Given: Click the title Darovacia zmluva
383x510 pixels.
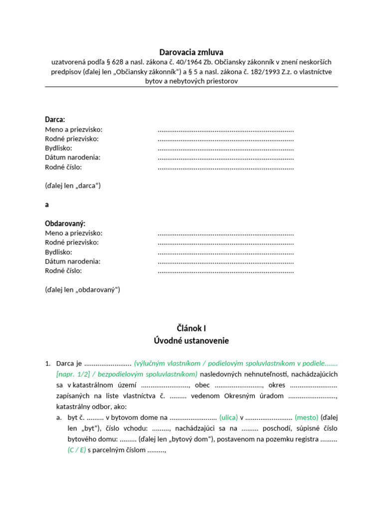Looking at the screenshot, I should click(191, 52).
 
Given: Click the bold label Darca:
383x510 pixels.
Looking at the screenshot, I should click(55, 120).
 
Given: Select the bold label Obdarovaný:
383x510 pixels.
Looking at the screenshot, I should click(65, 224).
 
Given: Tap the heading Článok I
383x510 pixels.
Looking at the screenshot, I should click(191, 328).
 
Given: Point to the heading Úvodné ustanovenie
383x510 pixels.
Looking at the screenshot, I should click(191, 341).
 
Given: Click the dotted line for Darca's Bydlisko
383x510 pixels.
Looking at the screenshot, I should click(225, 148).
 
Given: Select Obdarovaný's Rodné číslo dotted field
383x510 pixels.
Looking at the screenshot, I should click(225, 271).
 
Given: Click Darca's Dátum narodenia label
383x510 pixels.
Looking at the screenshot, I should click(73, 157).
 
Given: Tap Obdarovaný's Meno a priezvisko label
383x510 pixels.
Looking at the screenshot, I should click(74, 233).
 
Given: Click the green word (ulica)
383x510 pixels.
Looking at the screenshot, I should click(228, 417).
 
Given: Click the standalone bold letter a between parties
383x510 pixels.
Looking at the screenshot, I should click(47, 205).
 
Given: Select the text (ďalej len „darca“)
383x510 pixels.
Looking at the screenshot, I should click(73, 186).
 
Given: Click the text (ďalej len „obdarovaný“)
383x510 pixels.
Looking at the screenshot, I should click(82, 289).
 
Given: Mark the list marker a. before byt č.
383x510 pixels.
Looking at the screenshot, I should click(59, 417).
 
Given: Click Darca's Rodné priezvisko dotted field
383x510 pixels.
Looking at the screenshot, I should click(225, 139).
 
